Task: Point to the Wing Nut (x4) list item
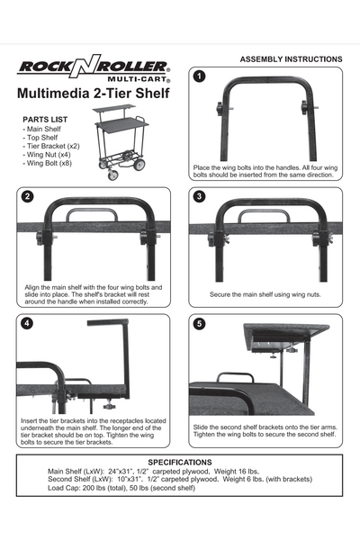pyautogui.click(x=50, y=155)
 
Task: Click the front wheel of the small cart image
pyautogui.click(x=112, y=175)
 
